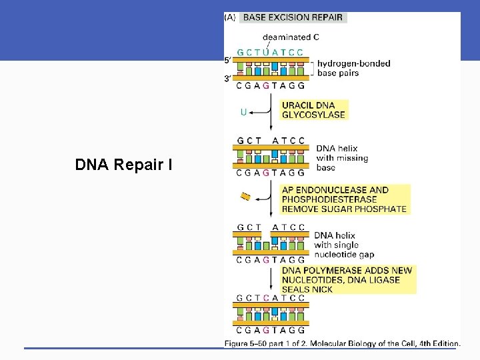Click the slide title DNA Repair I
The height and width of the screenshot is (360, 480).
point(124,164)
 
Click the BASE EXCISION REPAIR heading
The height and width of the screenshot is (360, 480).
point(293,17)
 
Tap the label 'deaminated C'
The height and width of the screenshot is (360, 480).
point(291,37)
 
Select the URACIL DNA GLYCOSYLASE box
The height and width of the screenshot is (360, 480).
point(313,110)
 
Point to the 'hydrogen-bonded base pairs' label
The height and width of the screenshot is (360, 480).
point(354,69)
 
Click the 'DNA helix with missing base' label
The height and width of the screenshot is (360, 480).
point(341,158)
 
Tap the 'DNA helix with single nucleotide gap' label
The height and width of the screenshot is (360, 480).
point(343,245)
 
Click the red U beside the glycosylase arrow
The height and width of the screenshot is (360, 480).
point(244,112)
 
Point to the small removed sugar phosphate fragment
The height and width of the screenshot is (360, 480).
point(245,196)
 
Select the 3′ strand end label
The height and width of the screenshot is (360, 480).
point(228,79)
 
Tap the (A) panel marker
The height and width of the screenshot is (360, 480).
point(230,17)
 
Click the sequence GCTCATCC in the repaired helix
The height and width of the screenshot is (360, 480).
point(270,298)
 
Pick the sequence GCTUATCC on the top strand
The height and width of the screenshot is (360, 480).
point(270,52)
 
